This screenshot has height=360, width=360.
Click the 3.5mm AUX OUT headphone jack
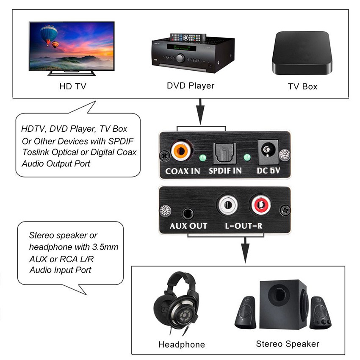[x=187, y=212]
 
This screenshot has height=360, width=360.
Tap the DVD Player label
[x=191, y=86]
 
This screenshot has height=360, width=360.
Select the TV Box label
[x=302, y=86]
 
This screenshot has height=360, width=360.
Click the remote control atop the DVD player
[x=188, y=37]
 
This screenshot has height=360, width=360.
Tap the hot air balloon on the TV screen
[x=49, y=33]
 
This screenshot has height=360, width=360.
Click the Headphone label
[x=181, y=344]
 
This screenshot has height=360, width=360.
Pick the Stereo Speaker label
[x=287, y=343]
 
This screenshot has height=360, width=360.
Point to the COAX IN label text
[x=183, y=172]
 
